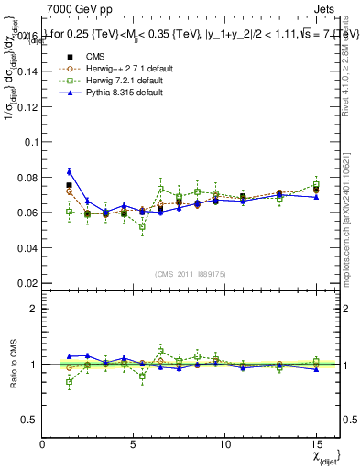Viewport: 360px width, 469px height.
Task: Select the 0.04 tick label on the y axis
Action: tap(27, 247)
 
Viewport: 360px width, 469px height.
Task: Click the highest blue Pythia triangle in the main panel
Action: tap(70, 171)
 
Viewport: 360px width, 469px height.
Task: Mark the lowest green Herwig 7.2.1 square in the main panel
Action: tap(142, 226)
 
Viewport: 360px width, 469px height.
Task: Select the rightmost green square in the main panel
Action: tap(316, 184)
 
